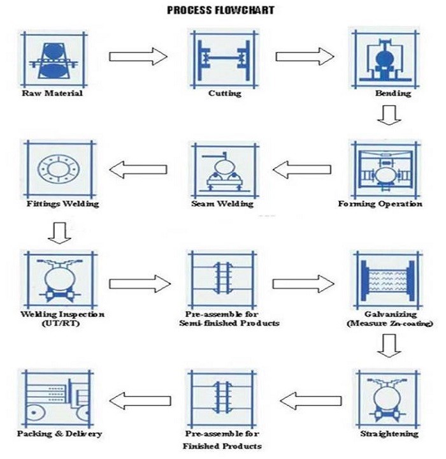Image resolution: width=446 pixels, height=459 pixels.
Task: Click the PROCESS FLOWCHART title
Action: [221, 11]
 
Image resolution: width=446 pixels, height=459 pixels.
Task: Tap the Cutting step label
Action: [225, 94]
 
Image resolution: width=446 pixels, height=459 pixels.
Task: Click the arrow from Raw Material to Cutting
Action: [138, 57]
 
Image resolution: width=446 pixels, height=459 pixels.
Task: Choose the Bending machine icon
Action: [384, 57]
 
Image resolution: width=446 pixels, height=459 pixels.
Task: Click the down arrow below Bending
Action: [387, 116]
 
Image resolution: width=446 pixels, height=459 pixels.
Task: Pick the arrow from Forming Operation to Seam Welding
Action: [302, 170]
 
